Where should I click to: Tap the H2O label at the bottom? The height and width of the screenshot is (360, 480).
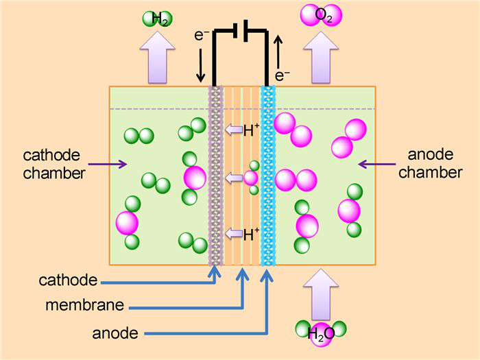coord(320,335)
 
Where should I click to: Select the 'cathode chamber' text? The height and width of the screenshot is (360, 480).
coord(54,164)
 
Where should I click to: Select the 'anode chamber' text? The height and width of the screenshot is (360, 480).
coord(430,164)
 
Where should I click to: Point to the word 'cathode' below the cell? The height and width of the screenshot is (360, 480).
coord(69,280)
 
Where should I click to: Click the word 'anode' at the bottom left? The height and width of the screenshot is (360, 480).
coord(115,333)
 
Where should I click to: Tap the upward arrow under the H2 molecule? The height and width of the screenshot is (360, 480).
coord(157,58)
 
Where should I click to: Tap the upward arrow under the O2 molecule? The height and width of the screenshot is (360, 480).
coord(321,58)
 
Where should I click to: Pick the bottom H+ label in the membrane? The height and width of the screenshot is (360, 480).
coord(251,235)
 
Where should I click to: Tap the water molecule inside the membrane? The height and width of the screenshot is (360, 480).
coord(252,178)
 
